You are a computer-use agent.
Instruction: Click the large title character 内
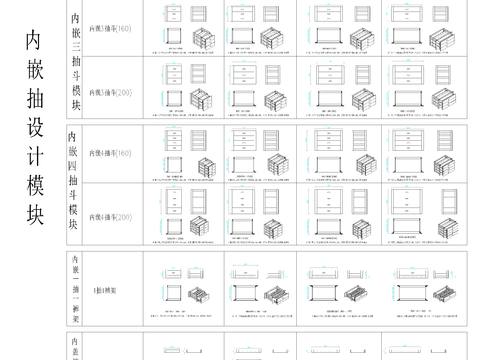(34, 40)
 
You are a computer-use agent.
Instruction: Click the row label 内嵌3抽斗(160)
(110, 30)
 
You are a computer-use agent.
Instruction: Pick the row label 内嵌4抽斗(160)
(110, 155)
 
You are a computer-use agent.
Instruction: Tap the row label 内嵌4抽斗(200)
(110, 215)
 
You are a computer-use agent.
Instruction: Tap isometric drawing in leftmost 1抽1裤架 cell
(200, 296)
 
